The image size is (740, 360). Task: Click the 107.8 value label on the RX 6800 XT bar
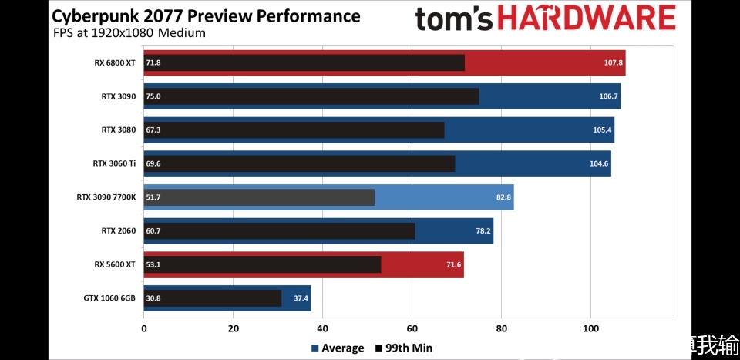[x=613, y=63]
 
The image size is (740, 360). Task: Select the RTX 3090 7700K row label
[x=106, y=197]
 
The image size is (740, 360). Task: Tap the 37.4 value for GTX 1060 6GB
[x=300, y=298]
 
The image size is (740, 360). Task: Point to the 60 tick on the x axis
[x=412, y=328]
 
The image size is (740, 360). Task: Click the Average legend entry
[x=338, y=348]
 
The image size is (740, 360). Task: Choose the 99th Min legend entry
[x=404, y=348]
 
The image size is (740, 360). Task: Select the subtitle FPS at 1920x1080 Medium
[x=129, y=33]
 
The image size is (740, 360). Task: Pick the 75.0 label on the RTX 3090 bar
[x=153, y=97]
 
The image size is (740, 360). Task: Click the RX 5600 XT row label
[x=115, y=264]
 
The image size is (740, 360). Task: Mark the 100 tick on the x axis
[x=590, y=328]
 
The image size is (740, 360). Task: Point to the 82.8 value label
[x=504, y=197]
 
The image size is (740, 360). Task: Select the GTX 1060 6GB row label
[x=109, y=298]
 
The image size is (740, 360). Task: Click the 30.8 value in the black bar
[x=153, y=298]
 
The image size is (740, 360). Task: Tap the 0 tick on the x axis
[x=144, y=328]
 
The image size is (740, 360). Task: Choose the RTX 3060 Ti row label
[x=114, y=163]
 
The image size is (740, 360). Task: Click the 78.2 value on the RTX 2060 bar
[x=483, y=231]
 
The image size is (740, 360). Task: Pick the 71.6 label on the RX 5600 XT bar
[x=453, y=264]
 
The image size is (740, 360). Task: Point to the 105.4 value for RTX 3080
[x=603, y=130]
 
